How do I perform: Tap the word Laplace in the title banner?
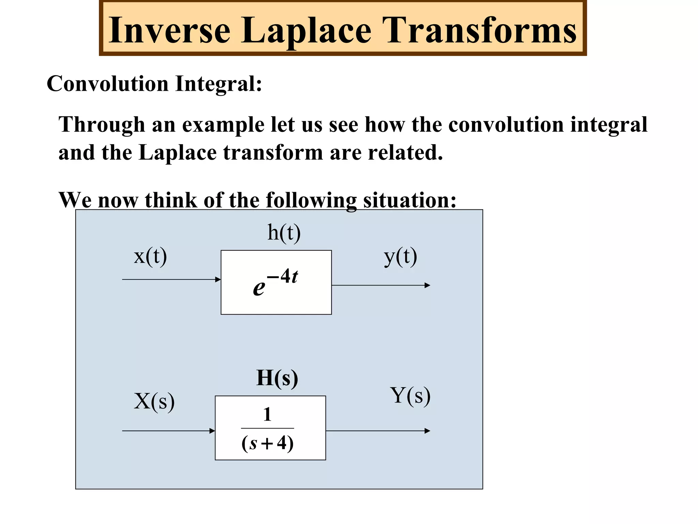click(x=306, y=31)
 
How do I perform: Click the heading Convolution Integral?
click(x=154, y=84)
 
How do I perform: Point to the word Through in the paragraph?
click(x=102, y=125)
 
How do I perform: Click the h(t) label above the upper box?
click(x=284, y=233)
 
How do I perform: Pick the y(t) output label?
click(x=400, y=257)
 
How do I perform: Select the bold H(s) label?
click(x=277, y=378)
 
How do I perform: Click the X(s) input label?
click(x=154, y=401)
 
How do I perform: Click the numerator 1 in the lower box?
click(x=268, y=415)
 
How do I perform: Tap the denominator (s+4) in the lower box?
click(x=268, y=443)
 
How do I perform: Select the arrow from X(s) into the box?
click(x=169, y=431)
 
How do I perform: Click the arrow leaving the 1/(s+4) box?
click(x=378, y=431)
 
